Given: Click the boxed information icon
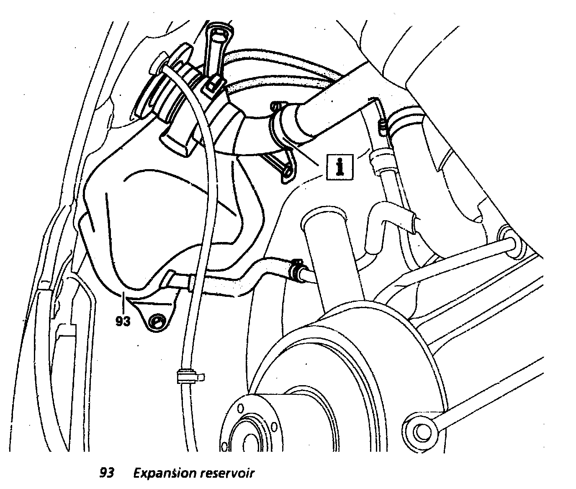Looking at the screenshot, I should coord(340,166).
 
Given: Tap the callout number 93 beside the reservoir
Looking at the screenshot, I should coord(123,322).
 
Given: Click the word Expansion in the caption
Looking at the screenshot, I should coord(165,473).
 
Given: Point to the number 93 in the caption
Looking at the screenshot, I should coord(107,473).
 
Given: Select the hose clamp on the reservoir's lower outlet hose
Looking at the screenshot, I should coord(298,270).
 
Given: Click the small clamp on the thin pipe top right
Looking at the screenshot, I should coord(381,126).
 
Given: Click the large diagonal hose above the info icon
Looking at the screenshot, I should coord(331,109).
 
